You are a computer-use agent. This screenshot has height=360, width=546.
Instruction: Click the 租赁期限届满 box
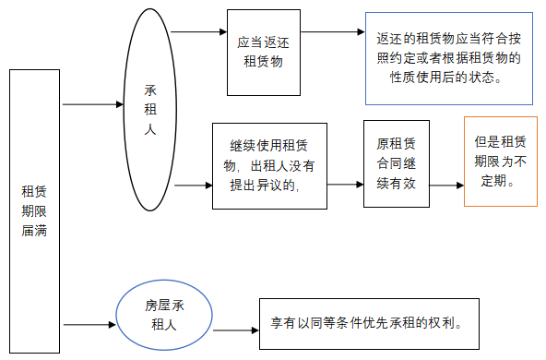34,210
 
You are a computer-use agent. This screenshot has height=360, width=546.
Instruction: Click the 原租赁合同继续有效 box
396,163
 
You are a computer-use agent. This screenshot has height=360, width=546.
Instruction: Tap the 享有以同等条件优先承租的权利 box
368,325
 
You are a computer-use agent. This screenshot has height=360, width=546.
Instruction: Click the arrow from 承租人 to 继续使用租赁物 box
194,186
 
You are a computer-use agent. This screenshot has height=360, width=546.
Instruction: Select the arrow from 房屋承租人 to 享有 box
232,330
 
